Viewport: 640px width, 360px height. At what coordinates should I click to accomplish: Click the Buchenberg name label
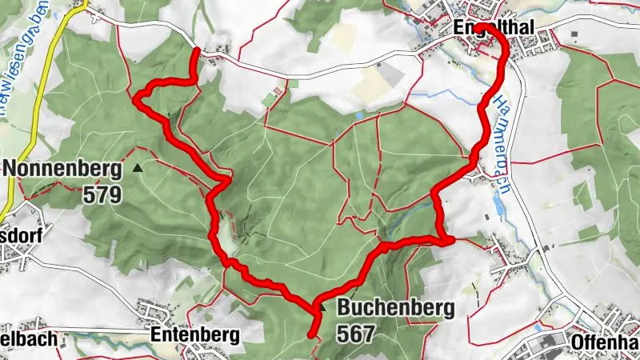click(x=395, y=307)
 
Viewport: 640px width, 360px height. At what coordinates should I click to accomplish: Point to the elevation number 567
click(x=355, y=334)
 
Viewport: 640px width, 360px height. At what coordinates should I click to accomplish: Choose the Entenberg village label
click(x=194, y=337)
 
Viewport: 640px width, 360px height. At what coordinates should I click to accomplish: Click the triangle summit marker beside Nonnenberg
click(x=138, y=168)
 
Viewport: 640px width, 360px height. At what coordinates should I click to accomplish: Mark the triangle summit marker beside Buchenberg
click(x=322, y=306)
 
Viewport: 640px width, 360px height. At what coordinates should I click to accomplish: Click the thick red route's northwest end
click(x=197, y=50)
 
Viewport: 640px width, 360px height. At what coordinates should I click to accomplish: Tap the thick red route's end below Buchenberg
click(x=311, y=337)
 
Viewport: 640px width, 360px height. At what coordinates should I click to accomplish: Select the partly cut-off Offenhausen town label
click(x=605, y=342)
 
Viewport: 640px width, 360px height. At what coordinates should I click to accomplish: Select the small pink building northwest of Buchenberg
click(x=278, y=91)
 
